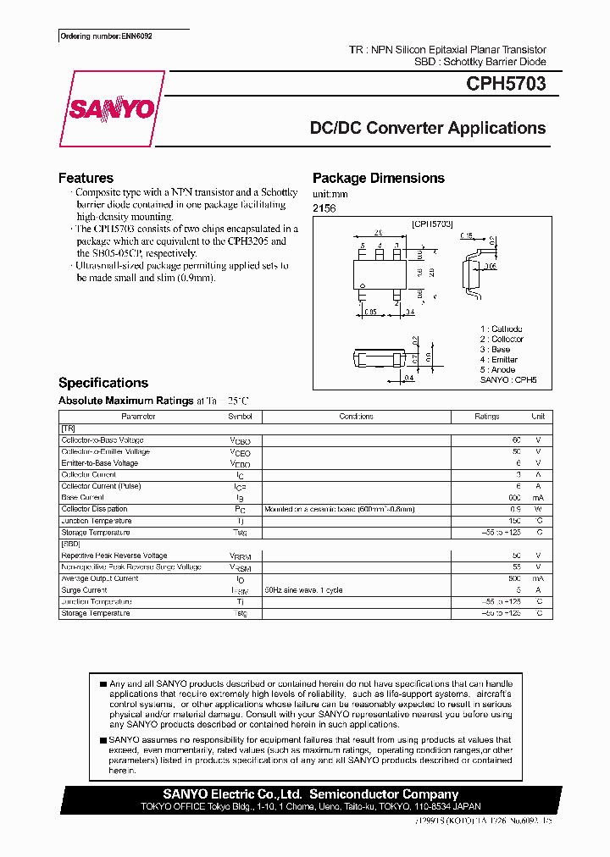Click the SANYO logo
tap(111, 109)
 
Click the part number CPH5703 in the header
tap(506, 85)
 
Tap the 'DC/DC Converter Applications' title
tap(428, 129)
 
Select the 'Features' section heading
tap(86, 178)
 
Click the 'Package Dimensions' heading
tap(378, 178)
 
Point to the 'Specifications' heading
tap(103, 383)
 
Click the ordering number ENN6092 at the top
tap(106, 36)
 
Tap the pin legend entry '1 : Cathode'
tap(501, 329)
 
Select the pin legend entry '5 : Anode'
tap(497, 370)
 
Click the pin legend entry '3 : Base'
tap(495, 349)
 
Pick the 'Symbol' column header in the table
tap(240, 417)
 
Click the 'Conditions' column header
tap(356, 417)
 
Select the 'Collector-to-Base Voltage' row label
tap(103, 440)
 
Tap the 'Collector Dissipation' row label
tap(94, 509)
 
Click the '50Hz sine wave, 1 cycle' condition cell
tap(303, 590)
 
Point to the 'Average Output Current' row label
tap(100, 578)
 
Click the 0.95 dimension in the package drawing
tap(370, 312)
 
